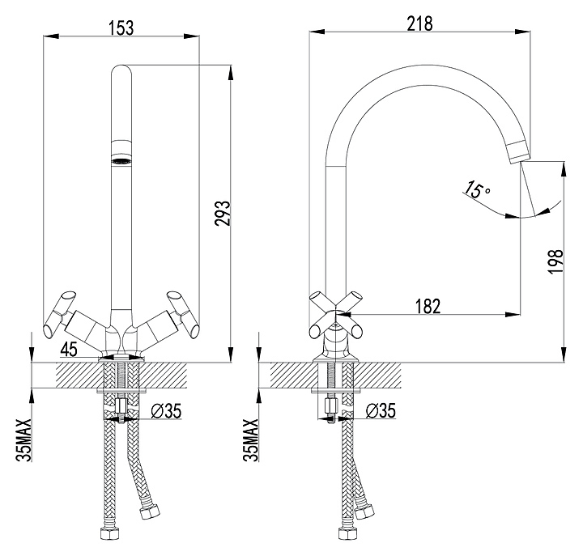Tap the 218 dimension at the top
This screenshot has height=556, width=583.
point(420,23)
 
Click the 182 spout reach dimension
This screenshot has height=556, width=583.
point(428,305)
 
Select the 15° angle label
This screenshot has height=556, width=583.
point(476,191)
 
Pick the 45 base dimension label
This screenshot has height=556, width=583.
point(70,350)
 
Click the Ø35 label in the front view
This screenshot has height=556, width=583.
point(165,410)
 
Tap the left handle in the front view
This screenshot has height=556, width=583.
point(61,316)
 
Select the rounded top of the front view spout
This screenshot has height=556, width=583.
point(121,70)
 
